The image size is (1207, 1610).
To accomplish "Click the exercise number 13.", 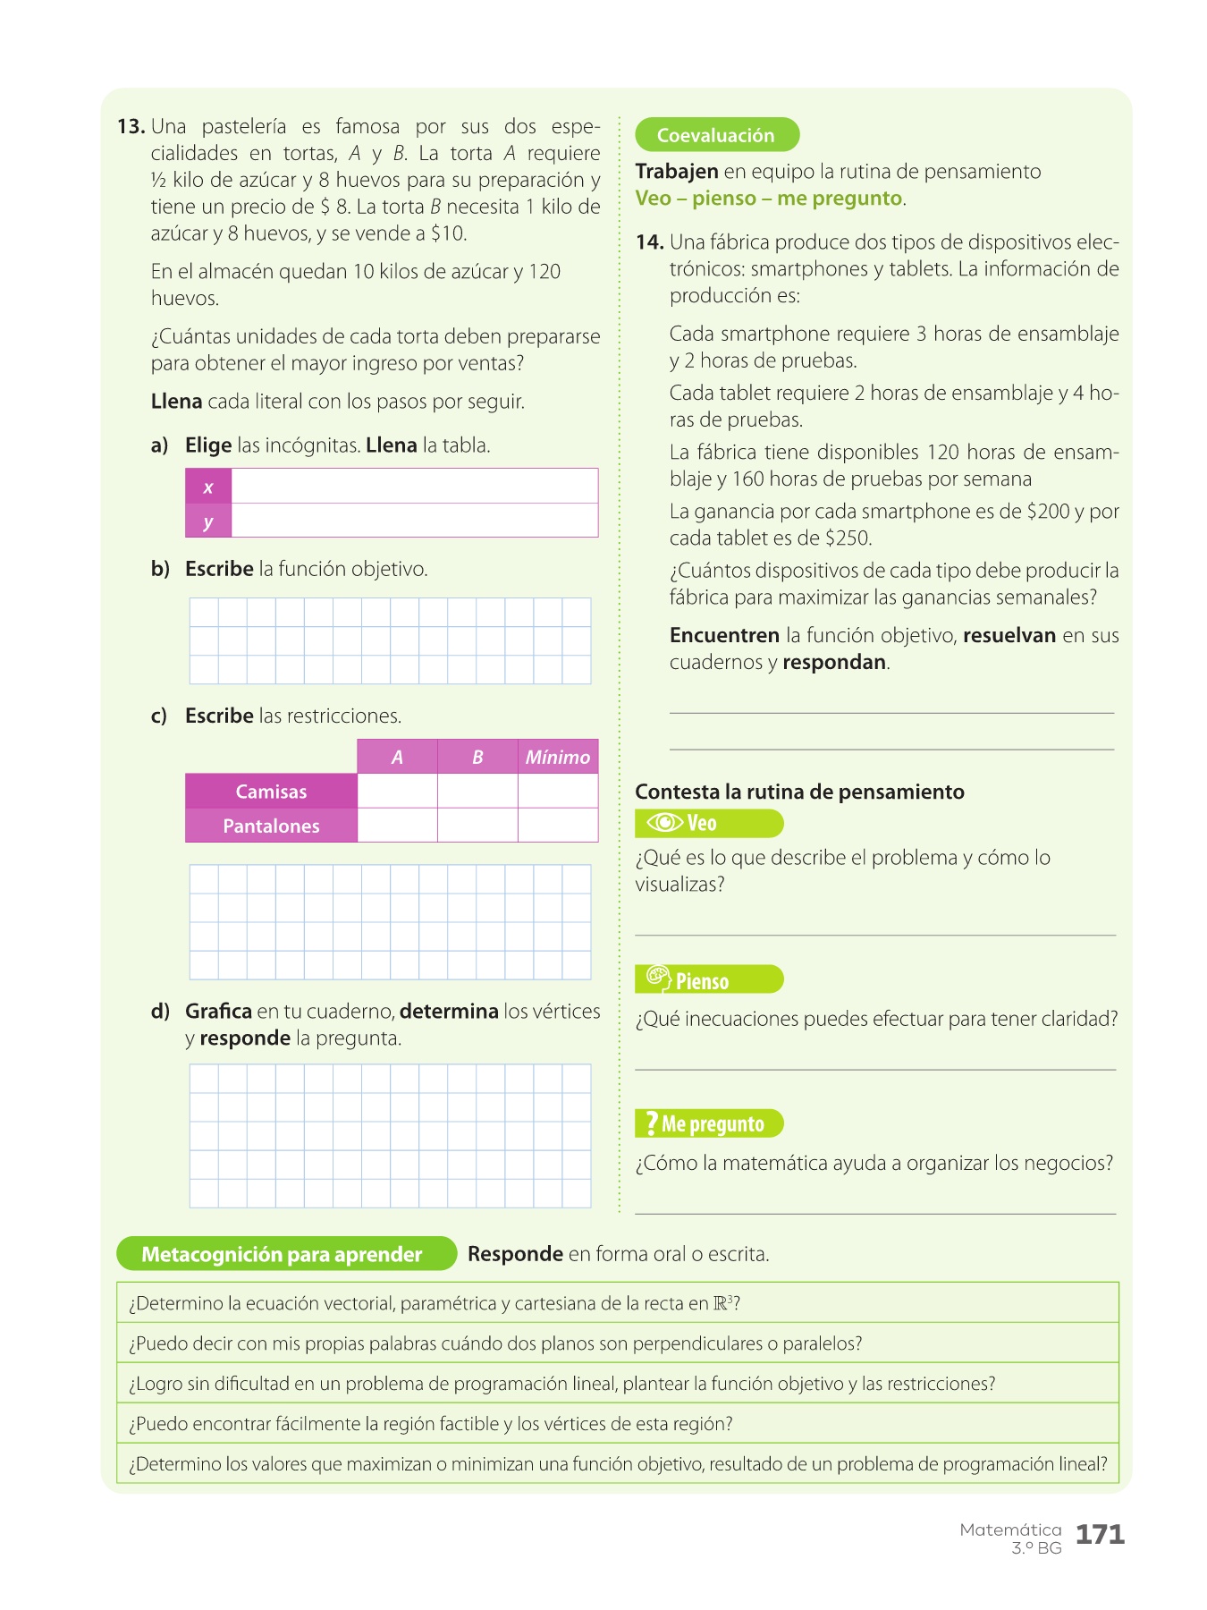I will (131, 127).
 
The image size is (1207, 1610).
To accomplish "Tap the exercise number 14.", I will (649, 242).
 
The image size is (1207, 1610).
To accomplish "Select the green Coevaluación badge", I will (716, 135).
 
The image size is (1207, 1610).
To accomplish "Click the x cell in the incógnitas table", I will (208, 487).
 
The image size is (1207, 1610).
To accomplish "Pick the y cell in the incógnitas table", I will (208, 521).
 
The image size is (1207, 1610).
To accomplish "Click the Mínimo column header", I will (558, 758).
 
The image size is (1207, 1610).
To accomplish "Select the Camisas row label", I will (271, 792).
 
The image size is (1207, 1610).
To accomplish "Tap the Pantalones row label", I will (271, 826).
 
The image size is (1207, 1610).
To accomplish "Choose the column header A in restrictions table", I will (397, 758).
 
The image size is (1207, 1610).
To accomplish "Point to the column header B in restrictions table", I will (477, 758).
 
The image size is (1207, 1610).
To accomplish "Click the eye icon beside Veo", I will (664, 823).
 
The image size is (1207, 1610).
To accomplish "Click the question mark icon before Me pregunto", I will (651, 1123).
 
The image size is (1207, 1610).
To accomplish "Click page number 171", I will (1100, 1535).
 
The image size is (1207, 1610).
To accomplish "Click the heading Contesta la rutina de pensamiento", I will (799, 792).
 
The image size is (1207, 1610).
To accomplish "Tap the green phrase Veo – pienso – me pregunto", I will (769, 199).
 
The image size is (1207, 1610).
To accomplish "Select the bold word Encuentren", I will (724, 636).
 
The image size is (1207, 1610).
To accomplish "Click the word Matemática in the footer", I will (1010, 1530).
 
